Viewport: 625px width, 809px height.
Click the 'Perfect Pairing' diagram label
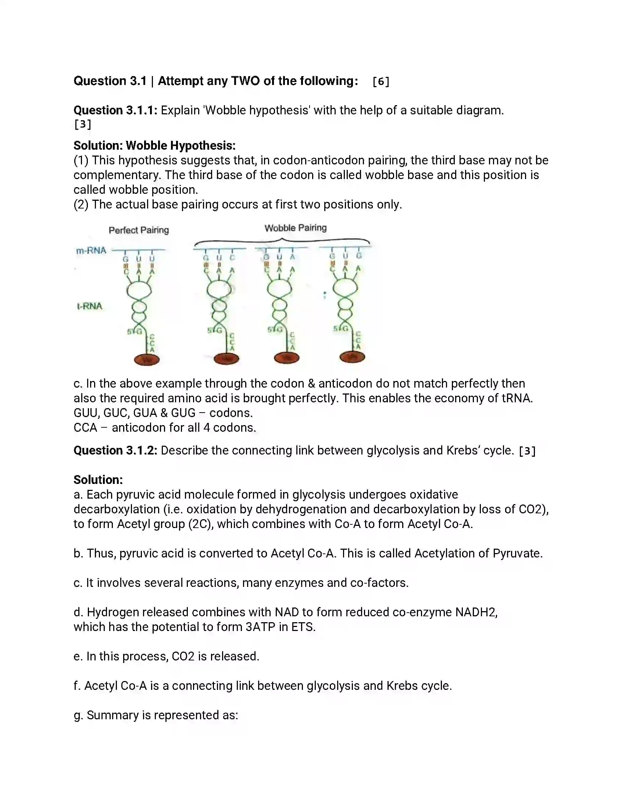pyautogui.click(x=139, y=230)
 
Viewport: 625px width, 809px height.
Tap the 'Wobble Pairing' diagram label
pyautogui.click(x=296, y=228)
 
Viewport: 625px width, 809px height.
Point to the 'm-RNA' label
pyautogui.click(x=91, y=251)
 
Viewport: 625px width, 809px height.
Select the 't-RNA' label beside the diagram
pyautogui.click(x=89, y=306)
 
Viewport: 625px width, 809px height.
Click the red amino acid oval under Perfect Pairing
pyautogui.click(x=147, y=359)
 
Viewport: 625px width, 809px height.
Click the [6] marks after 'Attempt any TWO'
pyautogui.click(x=381, y=81)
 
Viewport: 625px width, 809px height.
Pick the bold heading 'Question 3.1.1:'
pyautogui.click(x=115, y=110)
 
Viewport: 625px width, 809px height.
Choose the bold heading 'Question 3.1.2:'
pyautogui.click(x=115, y=450)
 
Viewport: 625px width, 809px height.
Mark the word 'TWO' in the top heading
pyautogui.click(x=245, y=81)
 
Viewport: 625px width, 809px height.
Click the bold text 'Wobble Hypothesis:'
pyautogui.click(x=181, y=146)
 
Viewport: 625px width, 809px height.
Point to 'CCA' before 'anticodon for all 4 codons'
pyautogui.click(x=85, y=427)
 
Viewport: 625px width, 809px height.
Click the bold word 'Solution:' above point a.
pyautogui.click(x=98, y=480)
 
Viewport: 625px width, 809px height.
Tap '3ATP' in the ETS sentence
pyautogui.click(x=260, y=627)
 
